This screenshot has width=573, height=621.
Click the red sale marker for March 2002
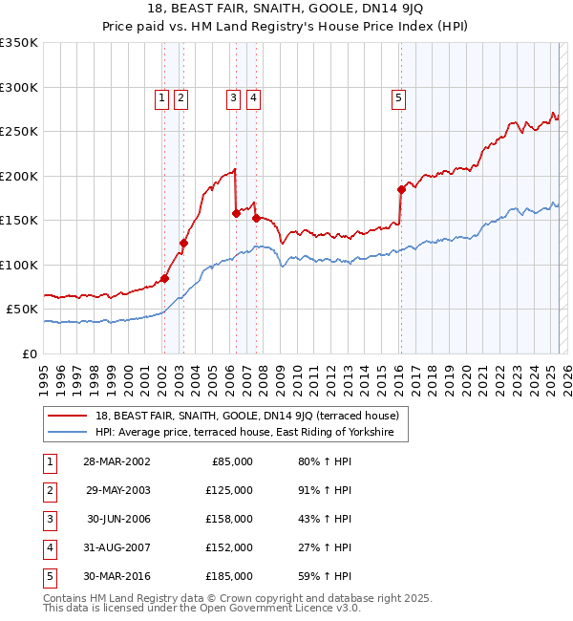[x=164, y=279]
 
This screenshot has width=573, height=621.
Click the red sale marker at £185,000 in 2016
[x=401, y=189]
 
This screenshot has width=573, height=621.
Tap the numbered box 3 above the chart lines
[x=233, y=96]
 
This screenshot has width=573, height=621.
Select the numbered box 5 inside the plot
[x=397, y=96]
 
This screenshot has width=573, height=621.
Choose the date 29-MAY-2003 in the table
[x=117, y=490]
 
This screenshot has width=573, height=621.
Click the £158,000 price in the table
[x=229, y=519]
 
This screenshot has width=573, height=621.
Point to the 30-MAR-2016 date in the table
[x=117, y=576]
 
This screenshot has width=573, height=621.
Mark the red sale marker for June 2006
[x=236, y=214]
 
